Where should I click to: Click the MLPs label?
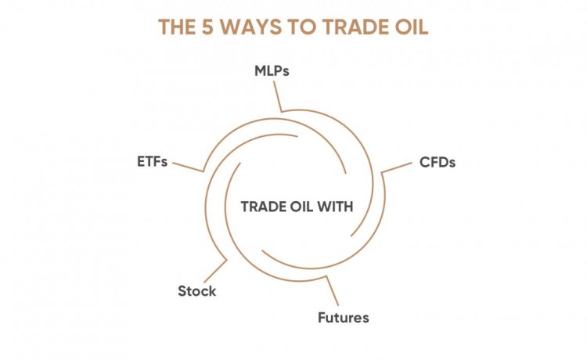tap(272, 70)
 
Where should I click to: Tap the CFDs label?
tap(438, 163)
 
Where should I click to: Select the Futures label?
tap(344, 318)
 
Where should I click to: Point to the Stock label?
tap(197, 291)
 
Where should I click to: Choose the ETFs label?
tap(152, 162)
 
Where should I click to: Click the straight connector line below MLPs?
tap(277, 96)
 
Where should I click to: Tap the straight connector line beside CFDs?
tap(397, 167)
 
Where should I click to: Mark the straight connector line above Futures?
tap(332, 291)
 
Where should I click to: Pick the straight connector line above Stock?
tap(216, 271)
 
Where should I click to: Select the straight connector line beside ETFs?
tap(188, 167)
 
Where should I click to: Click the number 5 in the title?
tap(207, 27)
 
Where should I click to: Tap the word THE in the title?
tap(177, 27)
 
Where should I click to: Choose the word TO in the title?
tap(303, 27)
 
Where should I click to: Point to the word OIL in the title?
tap(412, 27)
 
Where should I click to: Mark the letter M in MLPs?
tap(260, 70)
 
